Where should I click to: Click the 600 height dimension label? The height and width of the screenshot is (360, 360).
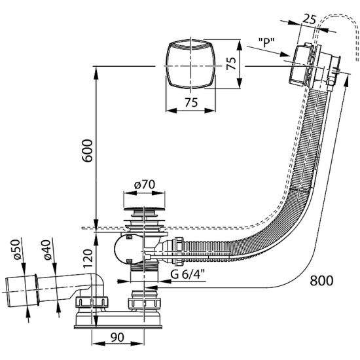pyautogui.click(x=88, y=151)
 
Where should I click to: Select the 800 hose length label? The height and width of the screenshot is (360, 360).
pyautogui.click(x=321, y=281)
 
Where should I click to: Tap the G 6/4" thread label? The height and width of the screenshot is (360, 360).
pyautogui.click(x=188, y=274)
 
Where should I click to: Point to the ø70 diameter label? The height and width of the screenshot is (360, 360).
pyautogui.click(x=145, y=185)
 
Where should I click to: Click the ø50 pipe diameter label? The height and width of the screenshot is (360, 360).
pyautogui.click(x=17, y=249)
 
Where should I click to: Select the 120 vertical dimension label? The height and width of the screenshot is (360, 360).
pyautogui.click(x=88, y=259)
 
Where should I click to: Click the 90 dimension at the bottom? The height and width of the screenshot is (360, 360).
pyautogui.click(x=117, y=337)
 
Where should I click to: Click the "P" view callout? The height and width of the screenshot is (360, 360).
pyautogui.click(x=266, y=43)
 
